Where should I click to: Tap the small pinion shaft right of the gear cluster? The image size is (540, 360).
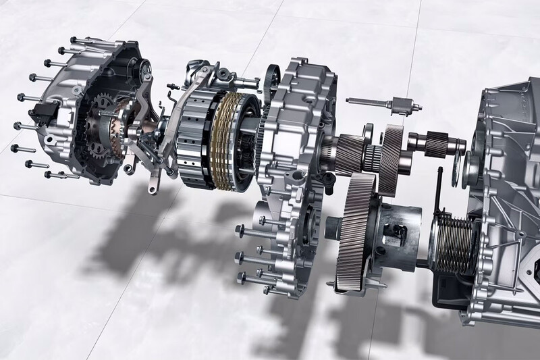pyautogui.click(x=432, y=143)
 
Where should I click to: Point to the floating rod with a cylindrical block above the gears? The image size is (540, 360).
pyautogui.click(x=384, y=104)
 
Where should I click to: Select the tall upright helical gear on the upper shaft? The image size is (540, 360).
pyautogui.click(x=391, y=153)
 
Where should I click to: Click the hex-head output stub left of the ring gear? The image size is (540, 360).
pyautogui.click(x=337, y=226)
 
